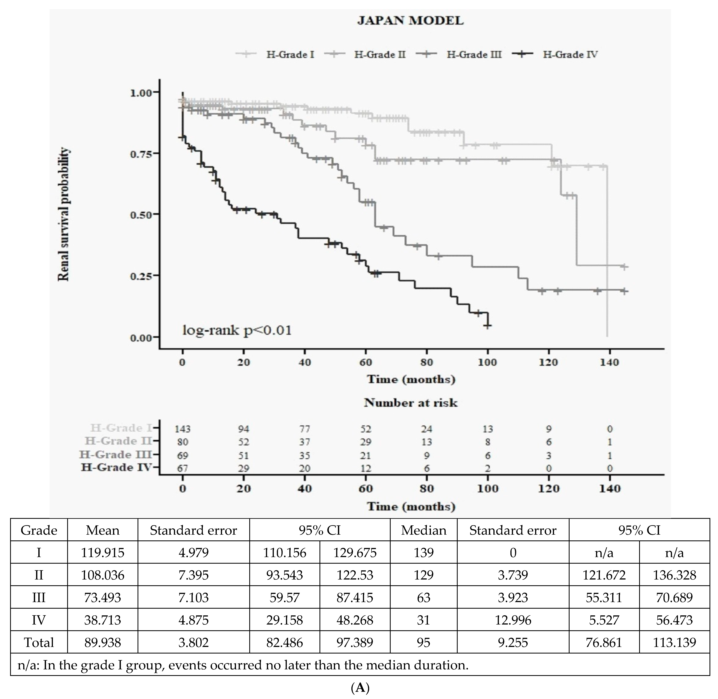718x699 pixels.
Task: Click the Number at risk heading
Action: (410, 403)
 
